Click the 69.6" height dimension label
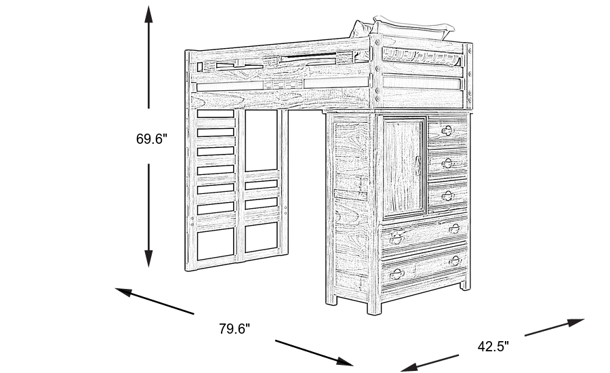pyautogui.click(x=151, y=139)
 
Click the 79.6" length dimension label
pyautogui.click(x=235, y=329)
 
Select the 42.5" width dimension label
pyautogui.click(x=493, y=347)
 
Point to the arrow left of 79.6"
pyautogui.click(x=155, y=301)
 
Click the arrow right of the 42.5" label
pyautogui.click(x=554, y=327)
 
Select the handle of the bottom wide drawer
pyautogui.click(x=455, y=260)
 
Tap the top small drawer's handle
pyautogui.click(x=447, y=130)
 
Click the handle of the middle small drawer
pyautogui.click(x=447, y=163)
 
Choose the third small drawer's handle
pyautogui.click(x=447, y=195)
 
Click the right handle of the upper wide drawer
pyautogui.click(x=454, y=228)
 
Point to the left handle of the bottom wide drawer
pyautogui.click(x=397, y=274)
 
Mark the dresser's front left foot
pyautogui.click(x=373, y=307)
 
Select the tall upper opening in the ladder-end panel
pyautogui.click(x=261, y=140)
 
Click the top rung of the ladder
pyautogui.click(x=216, y=116)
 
